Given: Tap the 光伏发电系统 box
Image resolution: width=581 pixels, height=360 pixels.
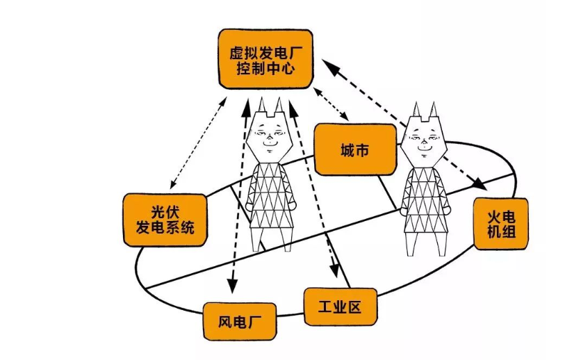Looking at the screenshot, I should [165, 218].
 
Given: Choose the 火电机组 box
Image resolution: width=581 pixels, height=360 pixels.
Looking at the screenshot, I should [500, 222].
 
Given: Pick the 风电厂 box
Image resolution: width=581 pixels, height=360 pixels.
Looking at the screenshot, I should [238, 321].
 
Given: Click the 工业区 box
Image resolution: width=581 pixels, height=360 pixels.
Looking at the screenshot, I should [340, 306].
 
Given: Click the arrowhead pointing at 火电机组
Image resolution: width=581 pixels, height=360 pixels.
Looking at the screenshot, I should [479, 185].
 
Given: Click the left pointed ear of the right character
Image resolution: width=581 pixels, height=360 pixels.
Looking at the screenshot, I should [416, 109].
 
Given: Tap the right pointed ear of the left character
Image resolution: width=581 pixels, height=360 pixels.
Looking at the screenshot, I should [280, 105].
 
